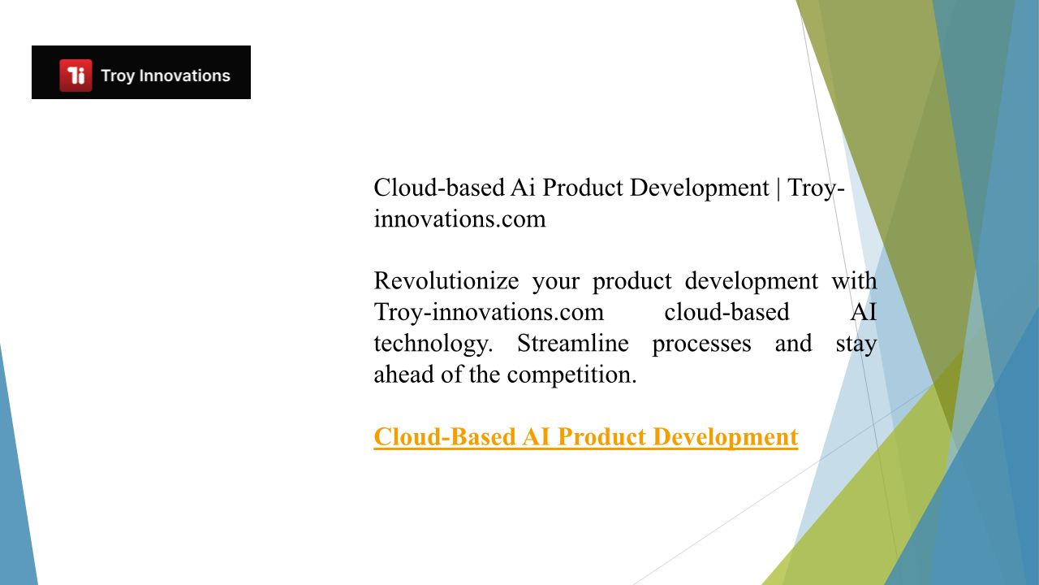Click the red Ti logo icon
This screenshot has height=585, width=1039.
click(75, 76)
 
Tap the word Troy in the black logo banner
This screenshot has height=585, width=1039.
click(118, 76)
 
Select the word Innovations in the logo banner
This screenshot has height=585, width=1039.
click(184, 76)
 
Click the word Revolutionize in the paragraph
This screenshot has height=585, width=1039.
click(446, 280)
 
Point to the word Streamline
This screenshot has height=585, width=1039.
click(573, 343)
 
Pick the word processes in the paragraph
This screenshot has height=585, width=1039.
click(701, 344)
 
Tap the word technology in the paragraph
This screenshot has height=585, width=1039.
click(433, 344)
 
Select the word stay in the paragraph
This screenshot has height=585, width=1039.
click(856, 344)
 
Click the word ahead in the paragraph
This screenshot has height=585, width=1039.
click(404, 375)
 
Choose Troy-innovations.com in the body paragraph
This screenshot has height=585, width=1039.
click(489, 312)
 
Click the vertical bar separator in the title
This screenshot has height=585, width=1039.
click(778, 188)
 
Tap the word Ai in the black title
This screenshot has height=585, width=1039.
click(523, 188)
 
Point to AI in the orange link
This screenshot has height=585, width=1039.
click(537, 436)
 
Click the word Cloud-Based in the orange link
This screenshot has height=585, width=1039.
click(445, 436)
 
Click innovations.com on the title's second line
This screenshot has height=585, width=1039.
click(459, 219)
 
